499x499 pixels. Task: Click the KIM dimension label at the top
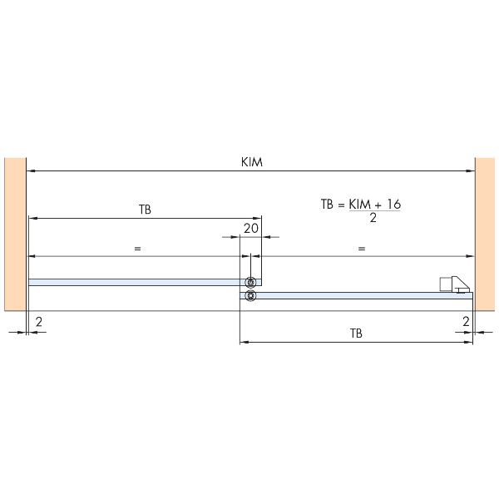pos(252,162)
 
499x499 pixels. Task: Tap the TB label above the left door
pos(145,210)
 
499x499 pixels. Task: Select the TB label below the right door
pos(356,333)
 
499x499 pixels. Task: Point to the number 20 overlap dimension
pos(251,228)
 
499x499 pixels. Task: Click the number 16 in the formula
pos(394,205)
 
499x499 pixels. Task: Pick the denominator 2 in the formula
pos(373,218)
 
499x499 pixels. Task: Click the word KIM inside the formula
pos(359,205)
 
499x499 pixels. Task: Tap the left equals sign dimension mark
pos(137,249)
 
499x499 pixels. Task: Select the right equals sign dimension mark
pos(362,249)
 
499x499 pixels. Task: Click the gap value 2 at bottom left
pos(39,322)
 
